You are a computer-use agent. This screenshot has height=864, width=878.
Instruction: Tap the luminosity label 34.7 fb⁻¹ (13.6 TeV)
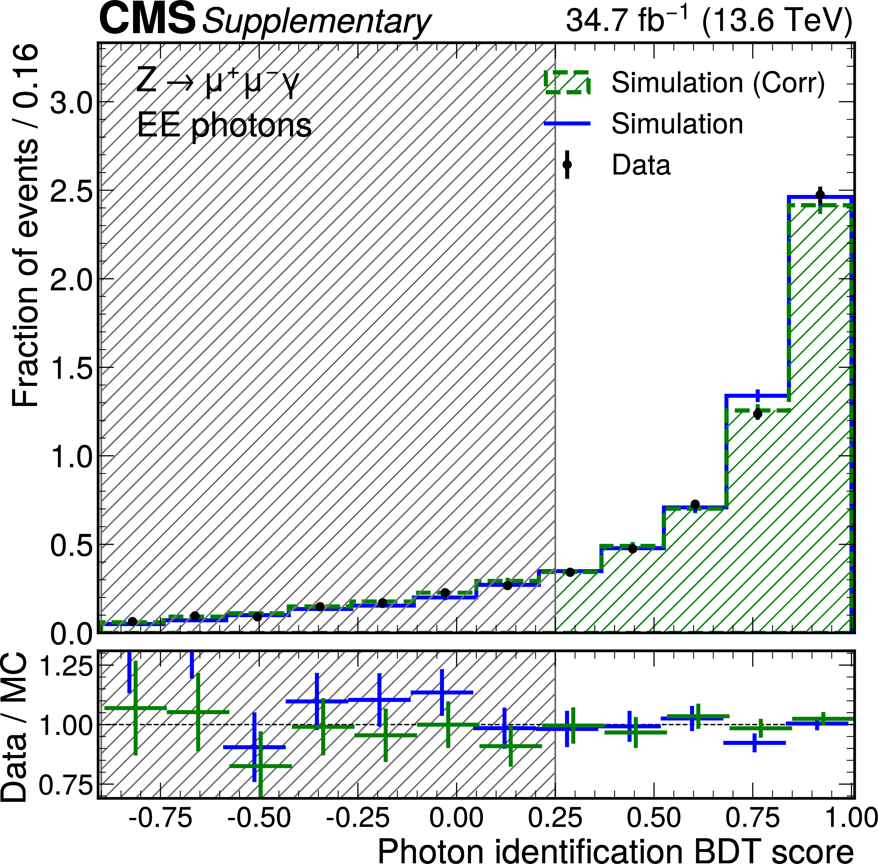pyautogui.click(x=709, y=20)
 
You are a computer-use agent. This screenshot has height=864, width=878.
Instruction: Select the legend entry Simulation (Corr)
pyautogui.click(x=718, y=83)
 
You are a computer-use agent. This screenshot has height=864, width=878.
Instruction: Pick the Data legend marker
pyautogui.click(x=567, y=164)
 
